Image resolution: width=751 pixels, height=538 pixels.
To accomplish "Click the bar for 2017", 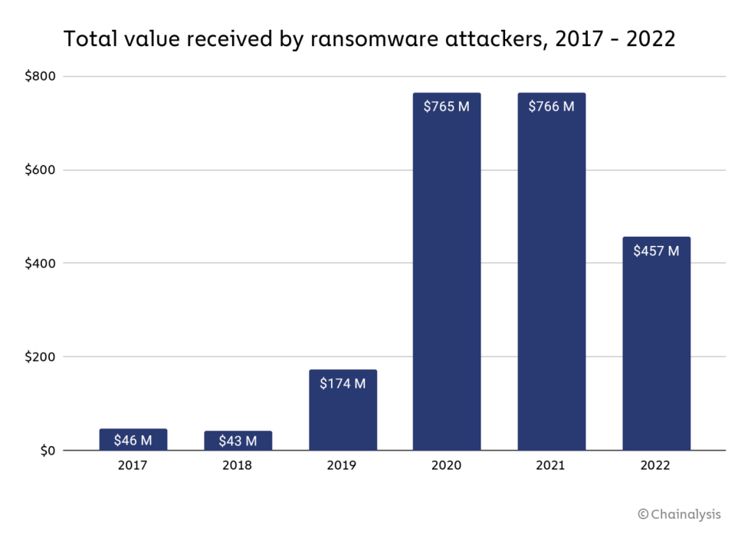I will (133, 439).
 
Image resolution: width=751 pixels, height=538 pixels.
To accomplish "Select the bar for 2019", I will (343, 410).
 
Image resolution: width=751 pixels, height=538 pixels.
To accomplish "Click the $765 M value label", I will (446, 107).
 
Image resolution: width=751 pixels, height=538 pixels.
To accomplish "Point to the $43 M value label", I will (238, 441).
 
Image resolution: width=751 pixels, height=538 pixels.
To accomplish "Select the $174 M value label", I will (343, 383).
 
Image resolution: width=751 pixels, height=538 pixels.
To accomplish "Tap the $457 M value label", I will (656, 251).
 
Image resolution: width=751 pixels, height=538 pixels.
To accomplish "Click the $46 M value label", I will (133, 440).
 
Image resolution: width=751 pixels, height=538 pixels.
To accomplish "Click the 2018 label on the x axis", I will (238, 466).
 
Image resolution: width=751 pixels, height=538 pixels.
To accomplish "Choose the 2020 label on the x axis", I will (446, 466).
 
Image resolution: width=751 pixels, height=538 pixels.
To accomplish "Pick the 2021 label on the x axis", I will (551, 466).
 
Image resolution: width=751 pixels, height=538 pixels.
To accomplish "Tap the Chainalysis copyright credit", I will (679, 514).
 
